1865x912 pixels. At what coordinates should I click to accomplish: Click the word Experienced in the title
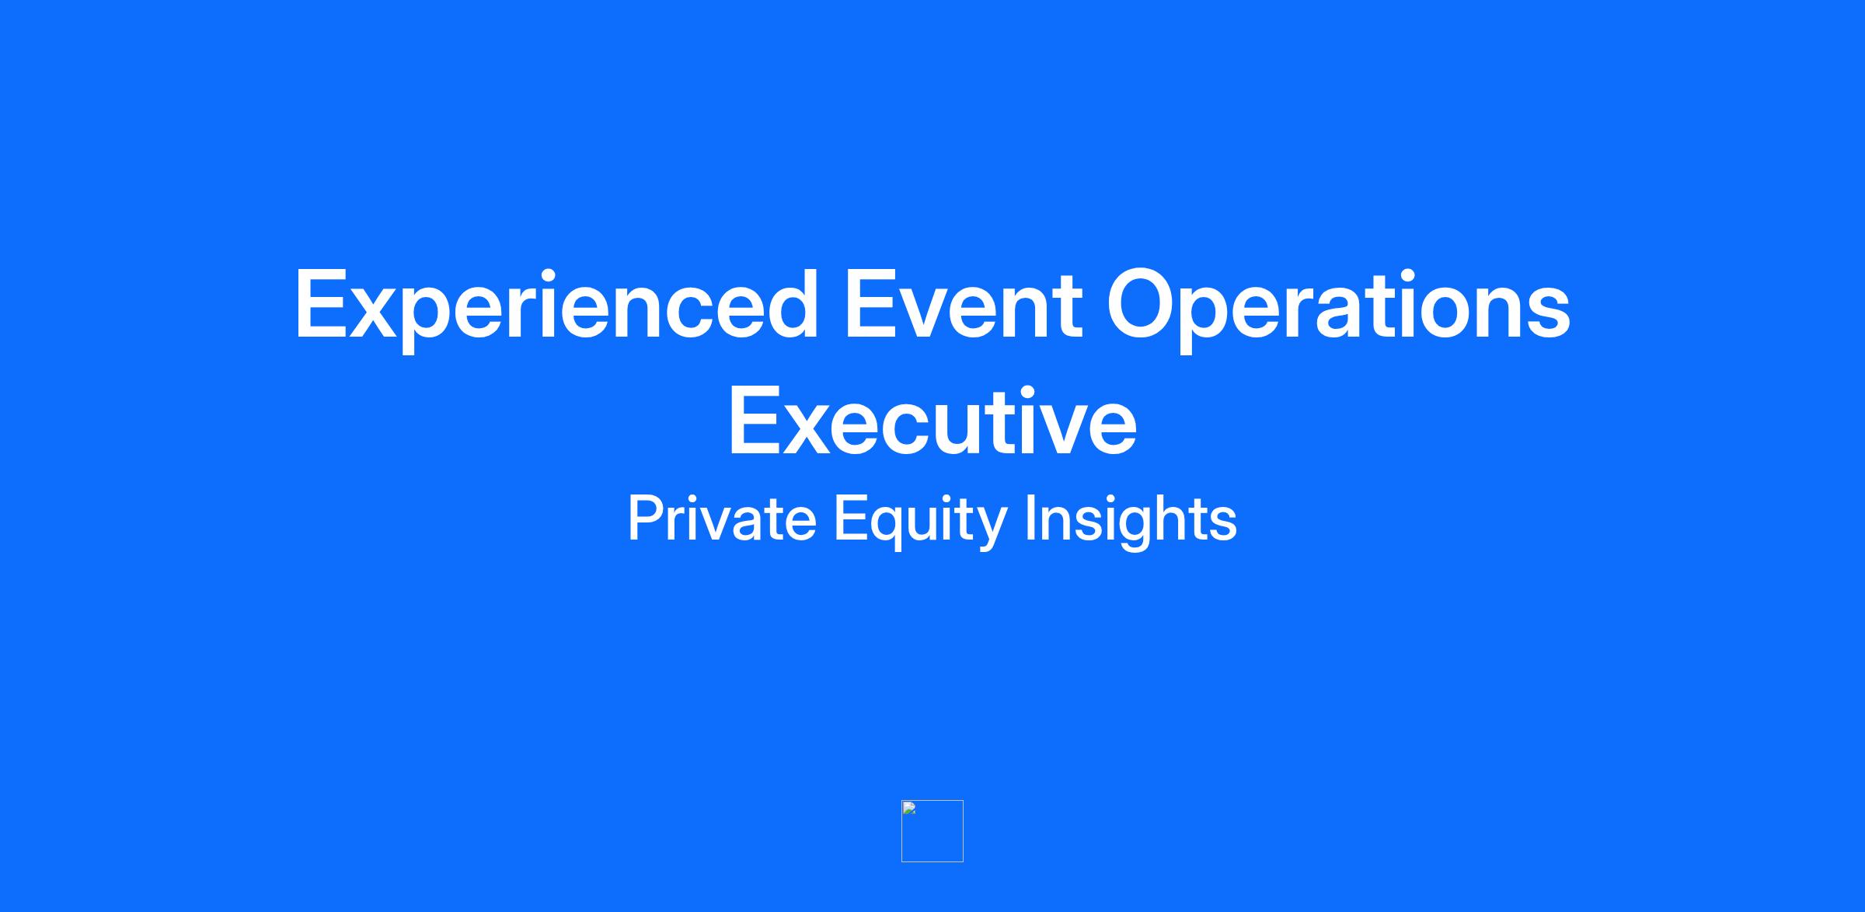click(x=556, y=306)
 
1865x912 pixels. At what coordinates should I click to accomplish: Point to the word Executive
click(x=932, y=421)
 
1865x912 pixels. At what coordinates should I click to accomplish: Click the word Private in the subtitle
click(x=722, y=519)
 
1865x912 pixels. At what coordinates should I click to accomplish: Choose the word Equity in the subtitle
click(x=920, y=521)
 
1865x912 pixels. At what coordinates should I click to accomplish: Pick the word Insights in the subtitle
click(x=1131, y=521)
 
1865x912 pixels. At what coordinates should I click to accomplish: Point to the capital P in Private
click(x=644, y=518)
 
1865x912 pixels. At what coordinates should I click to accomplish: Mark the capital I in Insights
click(x=1030, y=518)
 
